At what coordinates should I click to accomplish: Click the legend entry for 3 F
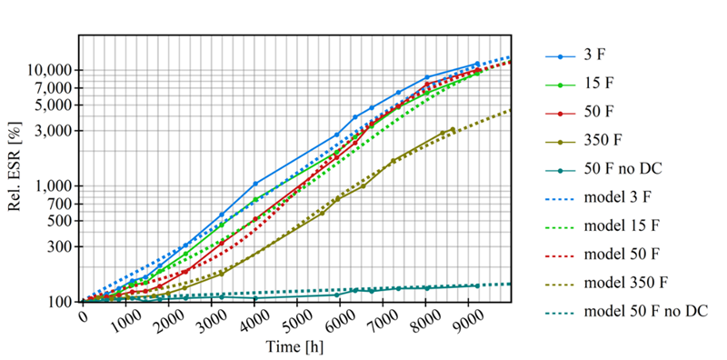click(575, 56)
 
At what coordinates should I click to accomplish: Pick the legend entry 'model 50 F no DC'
click(627, 312)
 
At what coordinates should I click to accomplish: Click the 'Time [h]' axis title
click(294, 346)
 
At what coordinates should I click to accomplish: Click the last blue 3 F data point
click(477, 64)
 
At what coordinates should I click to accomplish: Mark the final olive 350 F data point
click(453, 129)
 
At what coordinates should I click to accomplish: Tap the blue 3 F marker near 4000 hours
click(255, 184)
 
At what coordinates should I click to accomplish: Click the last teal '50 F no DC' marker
click(477, 285)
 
